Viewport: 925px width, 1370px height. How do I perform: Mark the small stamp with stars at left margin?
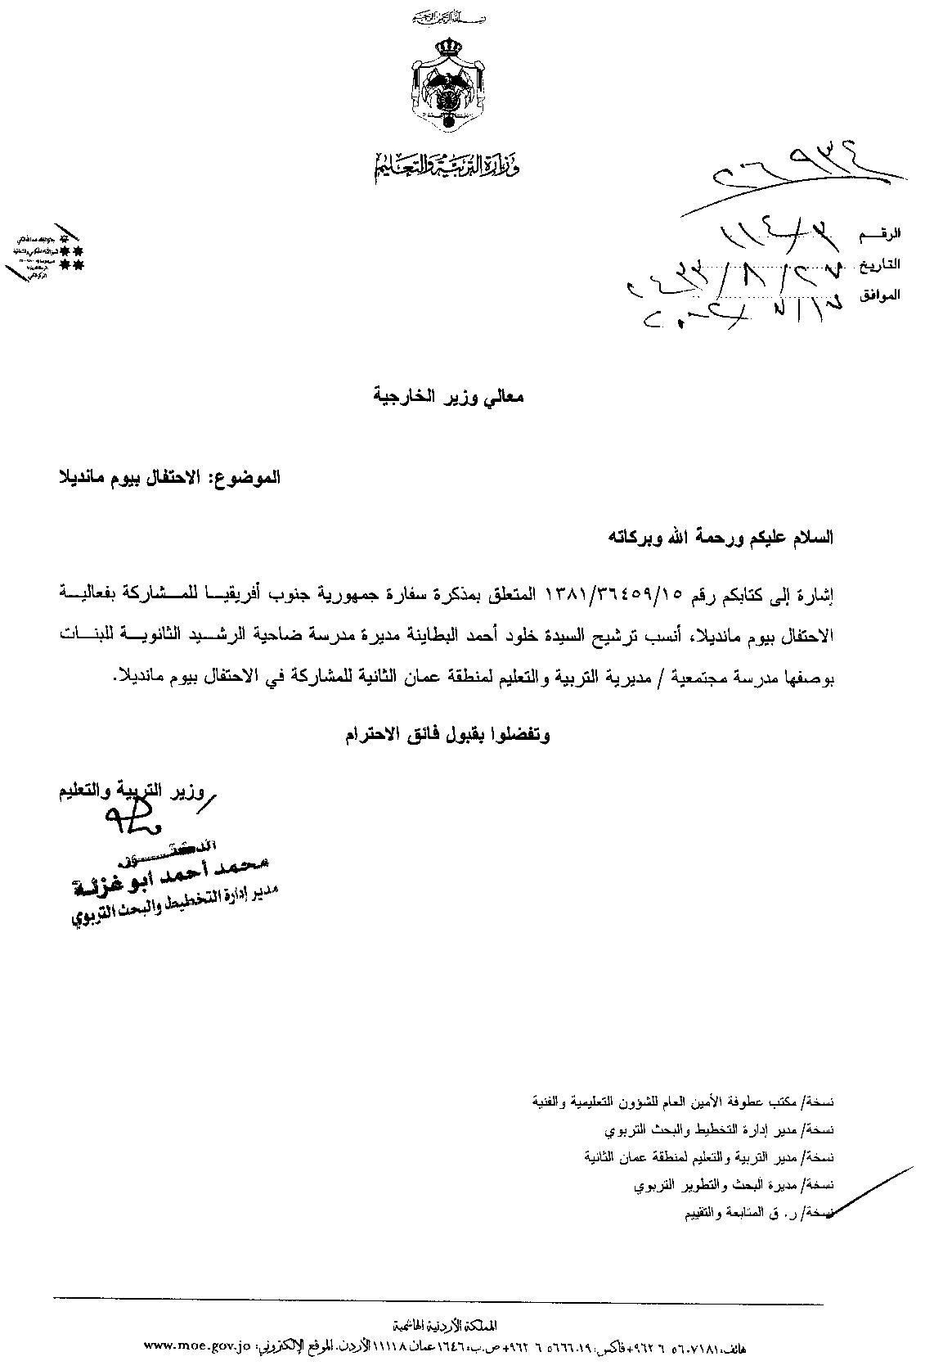[x=47, y=254]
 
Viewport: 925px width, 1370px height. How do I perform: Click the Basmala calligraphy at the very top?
[x=446, y=17]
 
